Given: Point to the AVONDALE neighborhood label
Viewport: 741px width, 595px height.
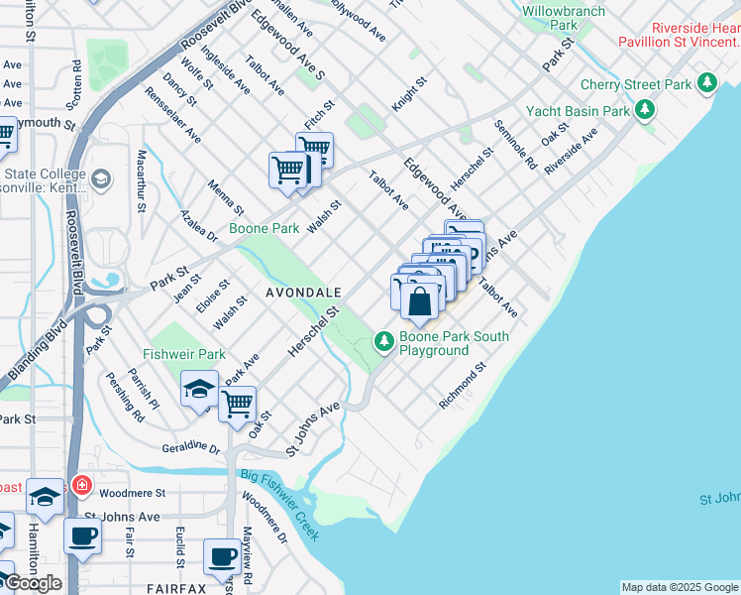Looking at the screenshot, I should pyautogui.click(x=303, y=293).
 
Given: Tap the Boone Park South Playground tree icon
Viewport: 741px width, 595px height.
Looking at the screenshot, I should pyautogui.click(x=384, y=341).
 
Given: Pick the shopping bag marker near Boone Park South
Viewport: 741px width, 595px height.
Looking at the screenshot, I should pyautogui.click(x=420, y=300).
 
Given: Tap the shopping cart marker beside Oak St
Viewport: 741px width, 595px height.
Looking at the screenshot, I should pyautogui.click(x=237, y=404).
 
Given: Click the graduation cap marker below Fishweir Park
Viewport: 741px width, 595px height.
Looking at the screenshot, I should pyautogui.click(x=199, y=389).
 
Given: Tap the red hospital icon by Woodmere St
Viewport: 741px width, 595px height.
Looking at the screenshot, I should pyautogui.click(x=81, y=487).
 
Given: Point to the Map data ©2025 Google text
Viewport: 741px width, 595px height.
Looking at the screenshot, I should pyautogui.click(x=680, y=587).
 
